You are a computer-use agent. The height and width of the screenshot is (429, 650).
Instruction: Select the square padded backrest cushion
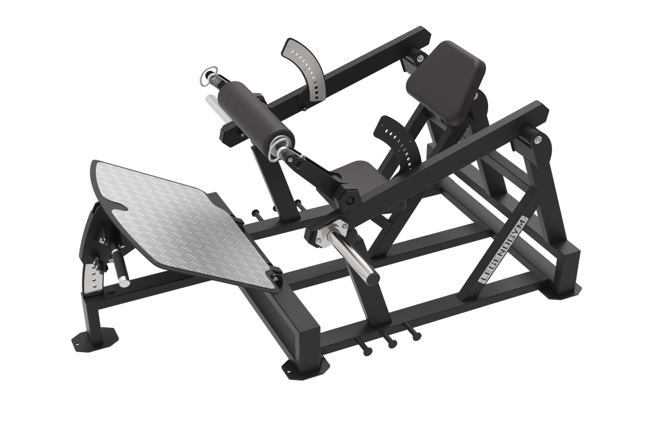pyautogui.click(x=446, y=82)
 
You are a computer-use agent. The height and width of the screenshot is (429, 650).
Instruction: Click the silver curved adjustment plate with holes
pyautogui.click(x=304, y=70)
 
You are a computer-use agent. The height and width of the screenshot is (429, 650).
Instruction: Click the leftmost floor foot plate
pyautogui.click(x=95, y=340)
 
